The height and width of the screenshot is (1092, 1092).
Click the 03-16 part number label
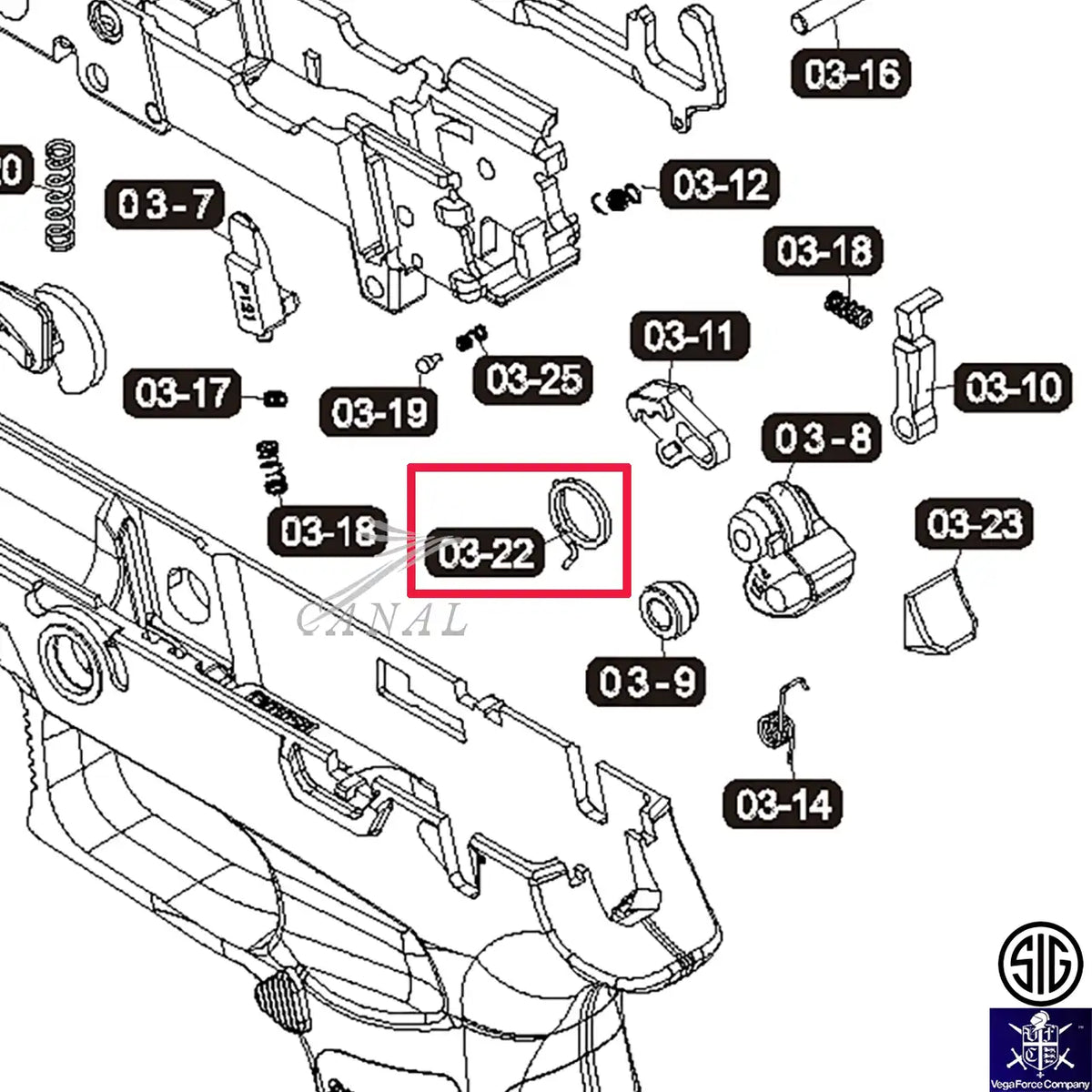coord(851,74)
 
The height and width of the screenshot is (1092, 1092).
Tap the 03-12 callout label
coord(720,186)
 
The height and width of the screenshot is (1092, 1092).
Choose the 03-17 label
coord(183,393)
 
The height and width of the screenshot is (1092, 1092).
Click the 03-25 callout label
coord(532,379)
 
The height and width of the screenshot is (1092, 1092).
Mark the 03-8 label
coord(822,439)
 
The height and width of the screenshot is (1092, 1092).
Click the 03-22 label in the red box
coord(486,553)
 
